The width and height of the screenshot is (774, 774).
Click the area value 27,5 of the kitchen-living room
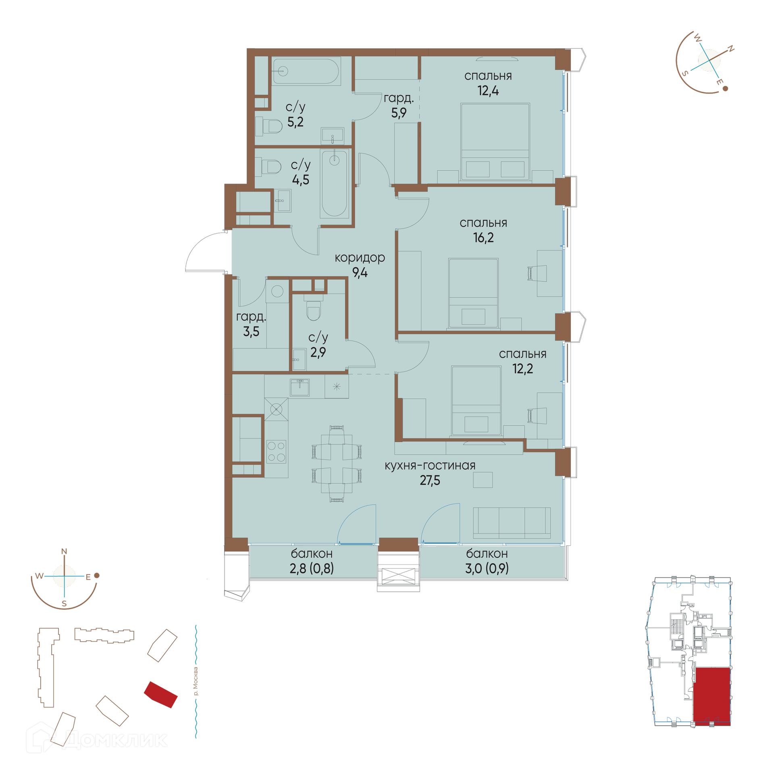pos(430,481)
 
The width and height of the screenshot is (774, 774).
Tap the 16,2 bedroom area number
pos(483,238)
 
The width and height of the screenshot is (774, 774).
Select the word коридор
pos(360,258)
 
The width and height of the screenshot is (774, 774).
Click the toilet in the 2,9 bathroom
pos(313,310)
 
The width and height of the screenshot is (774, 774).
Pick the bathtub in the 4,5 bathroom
pos(334,183)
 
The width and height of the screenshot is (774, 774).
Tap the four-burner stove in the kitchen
pos(276,451)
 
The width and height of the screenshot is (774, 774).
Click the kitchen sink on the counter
pos(300,387)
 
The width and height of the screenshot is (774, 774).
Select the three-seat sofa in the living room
pos(512,523)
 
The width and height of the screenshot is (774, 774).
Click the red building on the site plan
pos(161,695)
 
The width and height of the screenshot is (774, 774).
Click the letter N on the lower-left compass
pos(64,551)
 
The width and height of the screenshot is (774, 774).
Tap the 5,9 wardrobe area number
pos(399,113)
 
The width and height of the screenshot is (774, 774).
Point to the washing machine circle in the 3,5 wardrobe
pos(277,291)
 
